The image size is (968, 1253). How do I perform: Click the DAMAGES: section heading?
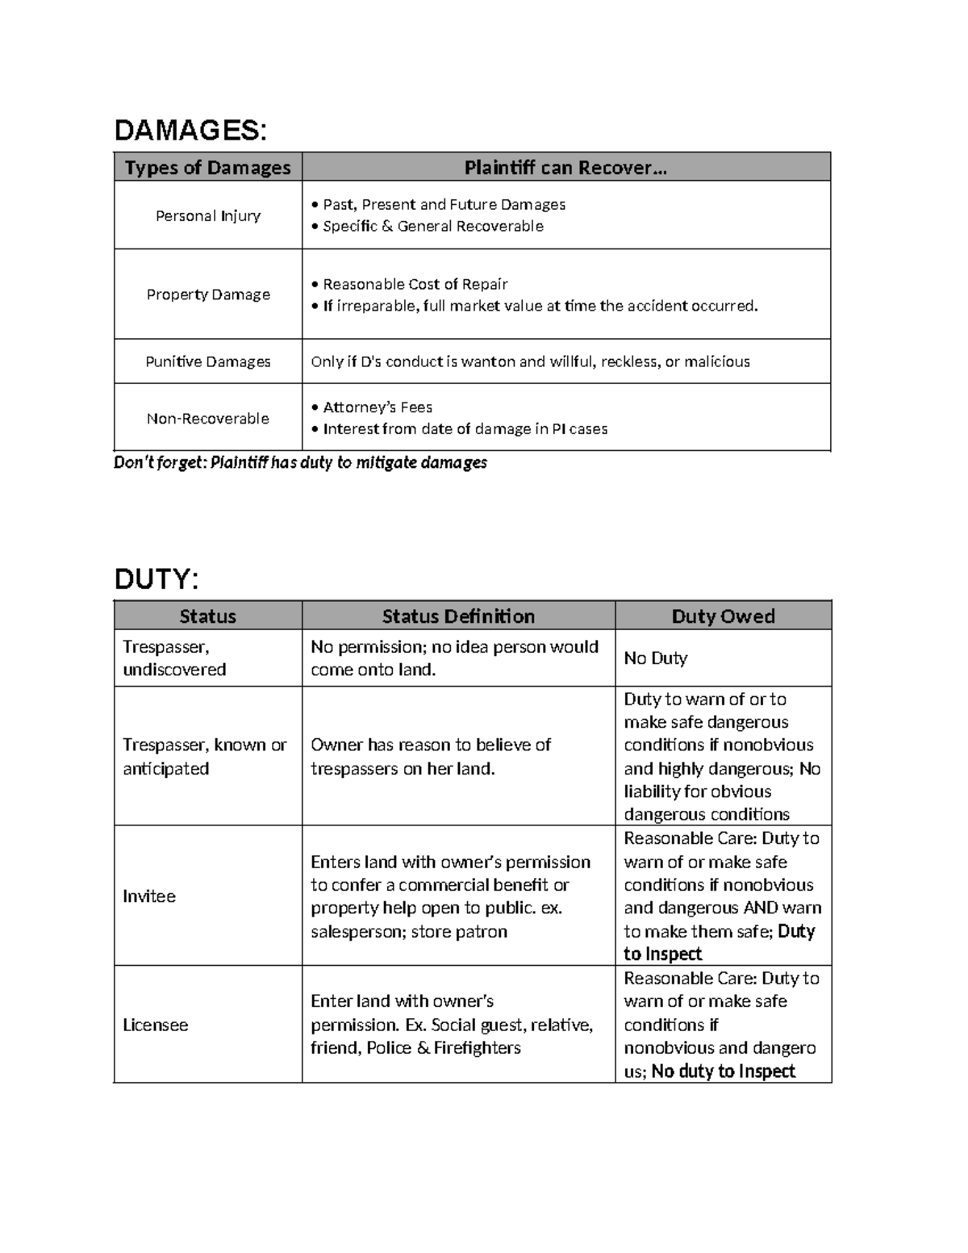[x=190, y=130]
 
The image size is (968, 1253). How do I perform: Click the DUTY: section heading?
[x=156, y=578]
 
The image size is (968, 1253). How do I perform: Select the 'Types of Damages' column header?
[x=207, y=167]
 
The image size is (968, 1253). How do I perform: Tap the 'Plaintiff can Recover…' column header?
[x=565, y=167]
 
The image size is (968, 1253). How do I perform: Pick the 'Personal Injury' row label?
[x=207, y=215]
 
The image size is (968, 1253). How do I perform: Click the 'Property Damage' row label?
[x=207, y=294]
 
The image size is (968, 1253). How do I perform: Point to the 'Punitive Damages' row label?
[x=207, y=361]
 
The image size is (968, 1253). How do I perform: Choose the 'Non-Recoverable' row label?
[x=207, y=418]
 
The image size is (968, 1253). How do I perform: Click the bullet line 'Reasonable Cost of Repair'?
[x=414, y=284]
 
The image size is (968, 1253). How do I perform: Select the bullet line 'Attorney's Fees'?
[x=377, y=407]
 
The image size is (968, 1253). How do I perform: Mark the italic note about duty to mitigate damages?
[x=300, y=462]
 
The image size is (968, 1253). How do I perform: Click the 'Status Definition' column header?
[x=457, y=616]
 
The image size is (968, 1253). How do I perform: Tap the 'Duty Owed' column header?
[x=723, y=616]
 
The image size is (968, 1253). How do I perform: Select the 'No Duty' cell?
[x=655, y=658]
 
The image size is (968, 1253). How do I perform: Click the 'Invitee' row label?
[x=149, y=896]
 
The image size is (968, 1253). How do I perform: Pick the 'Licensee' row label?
[x=155, y=1025]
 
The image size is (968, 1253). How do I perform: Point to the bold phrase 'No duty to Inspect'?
[x=723, y=1071]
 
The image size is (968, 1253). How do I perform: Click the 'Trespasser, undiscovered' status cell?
[x=173, y=658]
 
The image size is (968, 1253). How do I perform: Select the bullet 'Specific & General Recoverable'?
[x=432, y=227]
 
